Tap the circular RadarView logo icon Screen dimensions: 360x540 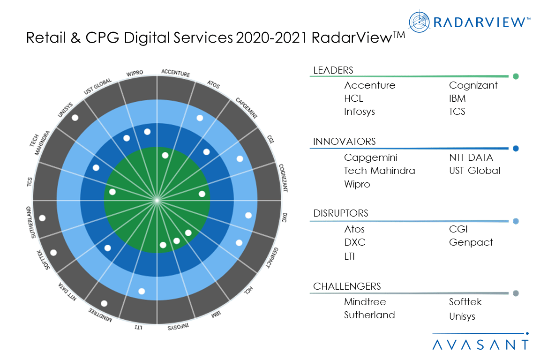coord(420,22)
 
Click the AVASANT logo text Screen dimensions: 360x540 coord(480,345)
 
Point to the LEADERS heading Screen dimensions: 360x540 coord(333,70)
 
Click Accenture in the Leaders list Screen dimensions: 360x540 coord(369,85)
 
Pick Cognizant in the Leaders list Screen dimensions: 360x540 coord(473,85)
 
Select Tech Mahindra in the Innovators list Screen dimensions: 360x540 coord(379,171)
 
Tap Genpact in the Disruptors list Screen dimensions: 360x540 coord(471,242)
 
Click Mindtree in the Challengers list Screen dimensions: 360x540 coord(365,302)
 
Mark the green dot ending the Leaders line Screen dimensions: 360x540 coord(516,76)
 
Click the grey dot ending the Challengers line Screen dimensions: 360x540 coord(516,293)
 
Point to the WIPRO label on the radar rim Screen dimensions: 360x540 coord(135,73)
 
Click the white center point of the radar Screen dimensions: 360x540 coord(157,200)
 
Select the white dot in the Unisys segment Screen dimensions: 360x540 coord(75,118)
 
